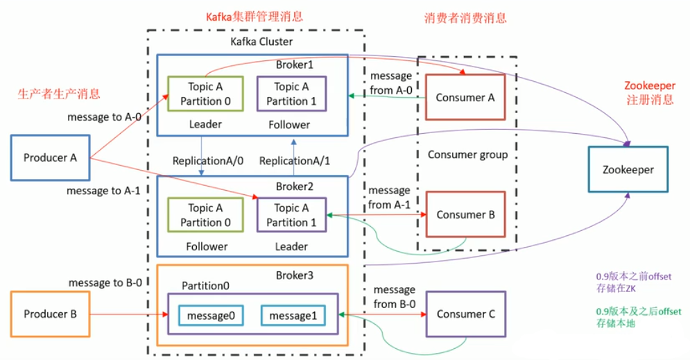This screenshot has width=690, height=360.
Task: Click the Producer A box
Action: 50,157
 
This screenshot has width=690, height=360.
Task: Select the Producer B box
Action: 50,314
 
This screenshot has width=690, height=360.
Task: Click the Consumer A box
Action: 465,98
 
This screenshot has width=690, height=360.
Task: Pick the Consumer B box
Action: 465,215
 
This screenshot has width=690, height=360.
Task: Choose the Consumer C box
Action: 465,314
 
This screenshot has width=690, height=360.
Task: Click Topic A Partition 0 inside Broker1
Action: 205,94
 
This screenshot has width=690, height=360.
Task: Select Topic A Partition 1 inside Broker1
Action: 291,94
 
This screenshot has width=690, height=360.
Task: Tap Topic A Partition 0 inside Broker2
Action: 205,215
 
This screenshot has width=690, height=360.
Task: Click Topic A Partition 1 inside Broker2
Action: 291,215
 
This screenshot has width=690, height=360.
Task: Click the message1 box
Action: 293,316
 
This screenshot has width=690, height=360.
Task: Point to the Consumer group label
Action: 467,155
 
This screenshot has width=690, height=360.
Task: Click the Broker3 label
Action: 295,275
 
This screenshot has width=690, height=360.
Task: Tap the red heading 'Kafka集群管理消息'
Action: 254,16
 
